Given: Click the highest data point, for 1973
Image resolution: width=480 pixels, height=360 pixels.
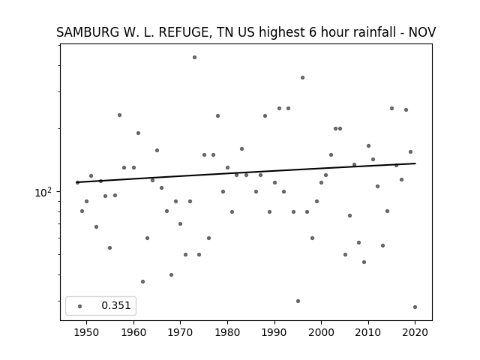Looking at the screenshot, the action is [x=194, y=58].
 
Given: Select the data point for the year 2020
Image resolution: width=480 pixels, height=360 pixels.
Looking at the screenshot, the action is [x=415, y=307].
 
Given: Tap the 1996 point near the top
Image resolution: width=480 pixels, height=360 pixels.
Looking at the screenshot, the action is [x=302, y=78].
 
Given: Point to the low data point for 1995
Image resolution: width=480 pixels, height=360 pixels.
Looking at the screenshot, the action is [x=298, y=301].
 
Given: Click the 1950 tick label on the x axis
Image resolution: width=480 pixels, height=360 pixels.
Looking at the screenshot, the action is [x=87, y=332].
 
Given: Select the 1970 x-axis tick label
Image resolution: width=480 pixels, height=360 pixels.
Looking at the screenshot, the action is [x=180, y=332].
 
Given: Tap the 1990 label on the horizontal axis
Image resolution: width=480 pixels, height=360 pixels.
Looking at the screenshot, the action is [x=274, y=332].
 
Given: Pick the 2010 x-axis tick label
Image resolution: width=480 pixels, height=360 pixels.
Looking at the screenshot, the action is [x=368, y=332].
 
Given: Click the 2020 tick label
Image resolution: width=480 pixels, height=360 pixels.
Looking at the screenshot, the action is [x=415, y=332].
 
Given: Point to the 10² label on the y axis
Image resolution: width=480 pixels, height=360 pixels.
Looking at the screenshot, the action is [x=43, y=192].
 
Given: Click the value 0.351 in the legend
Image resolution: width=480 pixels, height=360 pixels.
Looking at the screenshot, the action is [x=116, y=305].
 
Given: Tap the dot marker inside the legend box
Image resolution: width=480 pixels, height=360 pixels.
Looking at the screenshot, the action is [x=80, y=306].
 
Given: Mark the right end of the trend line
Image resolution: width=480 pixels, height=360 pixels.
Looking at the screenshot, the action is [x=415, y=163].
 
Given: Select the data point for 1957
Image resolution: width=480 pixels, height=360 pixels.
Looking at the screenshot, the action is [x=119, y=115].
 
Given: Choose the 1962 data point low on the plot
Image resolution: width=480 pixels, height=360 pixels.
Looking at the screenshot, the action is [x=142, y=282].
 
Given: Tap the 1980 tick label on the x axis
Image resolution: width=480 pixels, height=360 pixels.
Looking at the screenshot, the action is [x=227, y=332].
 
